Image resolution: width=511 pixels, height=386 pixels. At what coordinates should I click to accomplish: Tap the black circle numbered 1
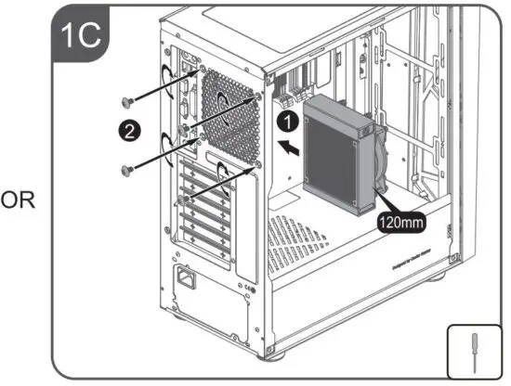point(290,120)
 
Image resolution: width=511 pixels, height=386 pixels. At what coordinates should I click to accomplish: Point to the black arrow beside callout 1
point(290,146)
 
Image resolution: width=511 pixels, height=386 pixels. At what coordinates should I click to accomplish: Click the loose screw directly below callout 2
point(127,168)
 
